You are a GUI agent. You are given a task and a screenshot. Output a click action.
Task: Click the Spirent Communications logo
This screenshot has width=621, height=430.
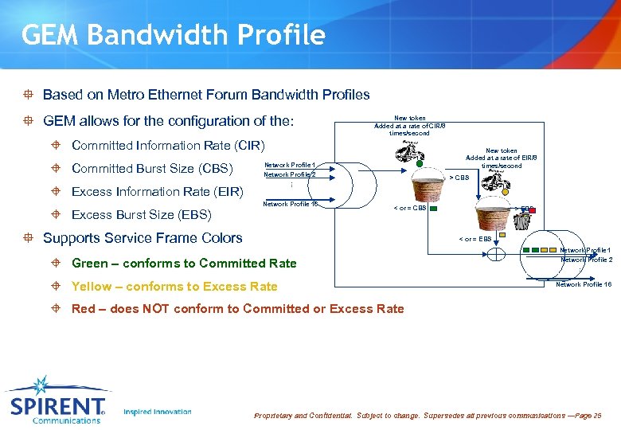(x=57, y=401)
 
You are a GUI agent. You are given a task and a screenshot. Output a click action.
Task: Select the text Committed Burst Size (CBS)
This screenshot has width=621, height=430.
(x=152, y=168)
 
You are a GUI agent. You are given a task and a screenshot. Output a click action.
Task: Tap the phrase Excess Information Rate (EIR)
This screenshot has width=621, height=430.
(x=157, y=191)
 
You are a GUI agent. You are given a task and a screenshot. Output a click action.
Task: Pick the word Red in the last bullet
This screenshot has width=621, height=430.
(x=84, y=309)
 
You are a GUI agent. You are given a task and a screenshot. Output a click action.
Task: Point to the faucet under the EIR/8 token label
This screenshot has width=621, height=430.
(x=497, y=177)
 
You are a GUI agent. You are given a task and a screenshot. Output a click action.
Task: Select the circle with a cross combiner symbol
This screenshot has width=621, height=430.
(x=496, y=254)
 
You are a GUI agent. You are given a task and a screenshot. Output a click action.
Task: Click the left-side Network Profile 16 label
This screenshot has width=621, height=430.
(x=291, y=204)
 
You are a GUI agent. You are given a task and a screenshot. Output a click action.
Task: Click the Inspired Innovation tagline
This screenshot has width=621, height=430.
(x=158, y=412)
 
